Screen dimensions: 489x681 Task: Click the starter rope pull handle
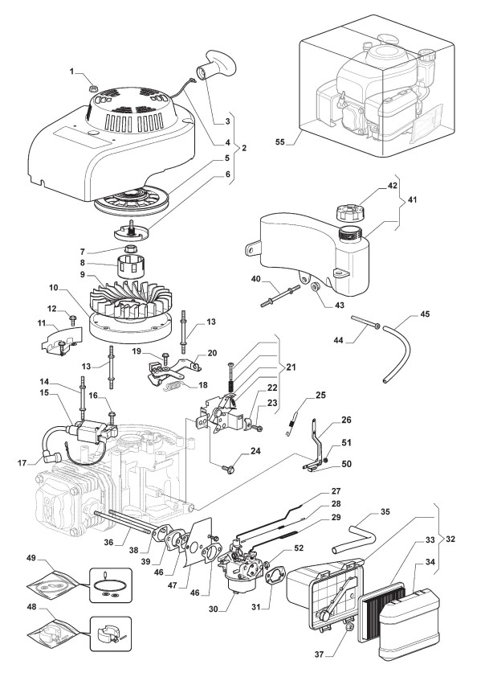[x=216, y=64]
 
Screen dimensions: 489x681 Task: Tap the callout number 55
[x=280, y=142]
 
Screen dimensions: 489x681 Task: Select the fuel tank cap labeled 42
[x=349, y=212]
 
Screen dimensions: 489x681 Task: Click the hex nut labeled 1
[x=92, y=88]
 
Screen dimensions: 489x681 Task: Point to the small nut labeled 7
[x=131, y=250]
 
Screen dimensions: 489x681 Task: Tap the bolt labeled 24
[x=228, y=468]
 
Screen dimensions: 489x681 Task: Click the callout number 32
[x=450, y=539]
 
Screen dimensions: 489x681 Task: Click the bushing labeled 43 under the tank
[x=315, y=287]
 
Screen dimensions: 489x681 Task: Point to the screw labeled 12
[x=72, y=321]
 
